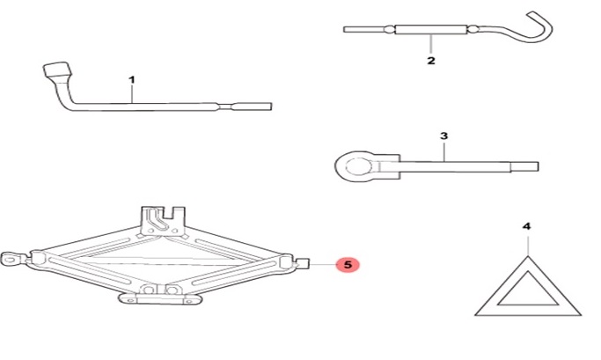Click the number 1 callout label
pyautogui.click(x=131, y=80)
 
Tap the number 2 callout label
pyautogui.click(x=431, y=61)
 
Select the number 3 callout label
pyautogui.click(x=443, y=136)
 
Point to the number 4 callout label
pyautogui.click(x=527, y=226)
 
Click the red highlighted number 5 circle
pyautogui.click(x=348, y=265)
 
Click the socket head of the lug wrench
pyautogui.click(x=56, y=70)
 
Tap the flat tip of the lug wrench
pyautogui.click(x=253, y=107)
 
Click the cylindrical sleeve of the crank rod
pyautogui.click(x=431, y=30)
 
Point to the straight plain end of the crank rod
pyautogui.click(x=363, y=29)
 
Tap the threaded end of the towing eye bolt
pyautogui.click(x=524, y=166)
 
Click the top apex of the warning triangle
pyautogui.click(x=528, y=256)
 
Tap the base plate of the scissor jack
pyautogui.click(x=160, y=298)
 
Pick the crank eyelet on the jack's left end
pyautogui.click(x=11, y=259)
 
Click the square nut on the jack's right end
pyautogui.click(x=304, y=263)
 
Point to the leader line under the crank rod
pyautogui.click(x=431, y=44)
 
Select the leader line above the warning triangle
pyautogui.click(x=528, y=246)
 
